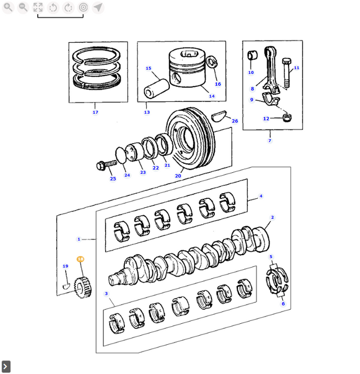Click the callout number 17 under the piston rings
point(95,112)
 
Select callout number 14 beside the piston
point(211,96)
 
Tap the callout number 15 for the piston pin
point(148,69)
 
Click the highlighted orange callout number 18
point(80,259)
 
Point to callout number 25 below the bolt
point(112,179)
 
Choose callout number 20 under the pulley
point(178,176)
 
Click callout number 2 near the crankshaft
point(272,217)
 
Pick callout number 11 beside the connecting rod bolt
point(296,68)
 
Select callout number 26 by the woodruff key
point(235,121)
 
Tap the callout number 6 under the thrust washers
point(283,304)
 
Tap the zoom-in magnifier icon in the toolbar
point(8,7)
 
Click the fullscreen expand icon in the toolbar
point(38,7)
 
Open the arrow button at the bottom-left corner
point(6,367)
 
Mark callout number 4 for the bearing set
point(260,196)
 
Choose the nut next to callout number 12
point(287,117)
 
